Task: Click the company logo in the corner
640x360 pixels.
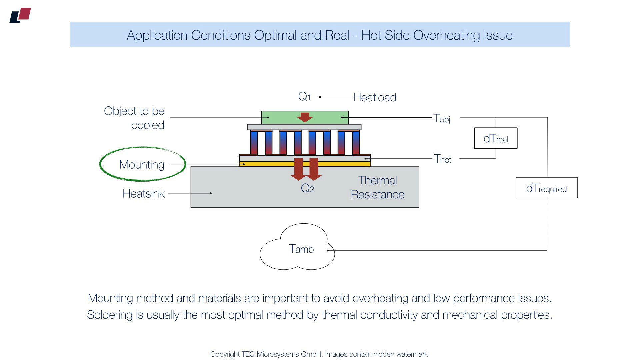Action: [20, 15]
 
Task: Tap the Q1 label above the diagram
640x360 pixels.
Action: [304, 97]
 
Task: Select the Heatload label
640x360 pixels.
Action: [375, 97]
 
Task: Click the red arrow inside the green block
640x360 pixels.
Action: [305, 117]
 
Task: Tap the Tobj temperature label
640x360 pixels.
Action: [442, 118]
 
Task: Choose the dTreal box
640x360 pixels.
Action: [496, 138]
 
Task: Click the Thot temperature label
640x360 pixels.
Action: [443, 159]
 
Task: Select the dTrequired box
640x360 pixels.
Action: [546, 188]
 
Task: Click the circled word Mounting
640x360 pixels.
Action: [142, 165]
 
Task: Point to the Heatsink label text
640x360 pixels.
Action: [143, 194]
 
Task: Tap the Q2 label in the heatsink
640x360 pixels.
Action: [307, 188]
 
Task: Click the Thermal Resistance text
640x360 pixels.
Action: [378, 187]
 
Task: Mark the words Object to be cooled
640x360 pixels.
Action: [134, 118]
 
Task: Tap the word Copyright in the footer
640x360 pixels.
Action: [225, 354]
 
